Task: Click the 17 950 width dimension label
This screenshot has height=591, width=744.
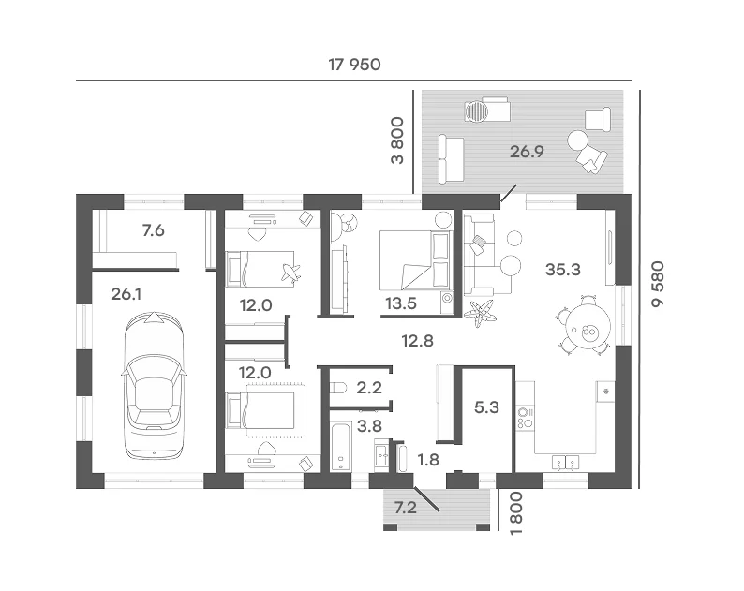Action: pyautogui.click(x=354, y=65)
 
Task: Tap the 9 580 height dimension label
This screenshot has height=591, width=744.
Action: pyautogui.click(x=658, y=284)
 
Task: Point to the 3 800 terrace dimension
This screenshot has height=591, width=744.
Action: pyautogui.click(x=397, y=140)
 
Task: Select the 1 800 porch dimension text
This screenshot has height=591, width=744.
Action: pyautogui.click(x=515, y=513)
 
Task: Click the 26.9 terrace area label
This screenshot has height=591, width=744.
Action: pyautogui.click(x=527, y=152)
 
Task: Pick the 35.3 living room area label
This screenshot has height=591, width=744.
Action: pyautogui.click(x=563, y=270)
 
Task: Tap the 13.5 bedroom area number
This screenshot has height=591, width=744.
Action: pyautogui.click(x=401, y=303)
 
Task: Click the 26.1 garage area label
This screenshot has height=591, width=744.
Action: pyautogui.click(x=126, y=294)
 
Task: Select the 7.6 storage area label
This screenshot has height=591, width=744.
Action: pyautogui.click(x=154, y=230)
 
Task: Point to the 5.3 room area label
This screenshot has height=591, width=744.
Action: pyautogui.click(x=487, y=407)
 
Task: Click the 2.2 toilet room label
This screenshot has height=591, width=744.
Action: pyautogui.click(x=369, y=388)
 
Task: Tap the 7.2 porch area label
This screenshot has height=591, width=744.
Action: pyautogui.click(x=406, y=508)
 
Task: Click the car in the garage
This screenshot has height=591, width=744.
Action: pyautogui.click(x=154, y=385)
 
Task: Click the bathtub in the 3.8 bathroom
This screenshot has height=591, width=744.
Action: pyautogui.click(x=341, y=446)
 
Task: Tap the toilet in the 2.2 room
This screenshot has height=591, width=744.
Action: pyautogui.click(x=338, y=388)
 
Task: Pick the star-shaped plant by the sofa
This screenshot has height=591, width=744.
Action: pyautogui.click(x=480, y=313)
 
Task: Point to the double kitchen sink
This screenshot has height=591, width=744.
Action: pyautogui.click(x=566, y=463)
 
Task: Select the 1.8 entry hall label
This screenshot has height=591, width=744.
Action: pyautogui.click(x=428, y=460)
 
